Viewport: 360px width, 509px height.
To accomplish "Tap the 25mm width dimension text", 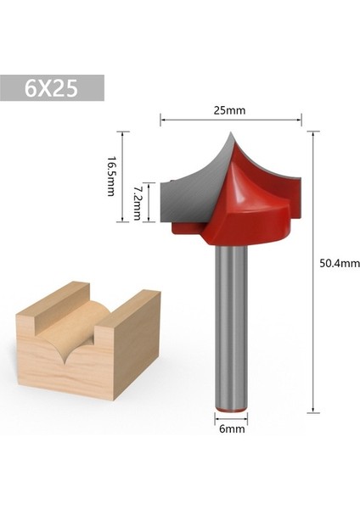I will pyautogui.click(x=230, y=109).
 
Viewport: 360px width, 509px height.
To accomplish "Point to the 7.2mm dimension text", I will pyautogui.click(x=137, y=204).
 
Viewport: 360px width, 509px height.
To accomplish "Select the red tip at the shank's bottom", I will pyautogui.click(x=229, y=409).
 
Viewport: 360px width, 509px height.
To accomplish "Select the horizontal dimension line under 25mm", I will pyautogui.click(x=230, y=120).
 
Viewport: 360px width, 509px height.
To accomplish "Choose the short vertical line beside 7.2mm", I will pyautogui.click(x=149, y=204).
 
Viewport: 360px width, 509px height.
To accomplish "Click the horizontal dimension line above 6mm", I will pyautogui.click(x=229, y=417).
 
